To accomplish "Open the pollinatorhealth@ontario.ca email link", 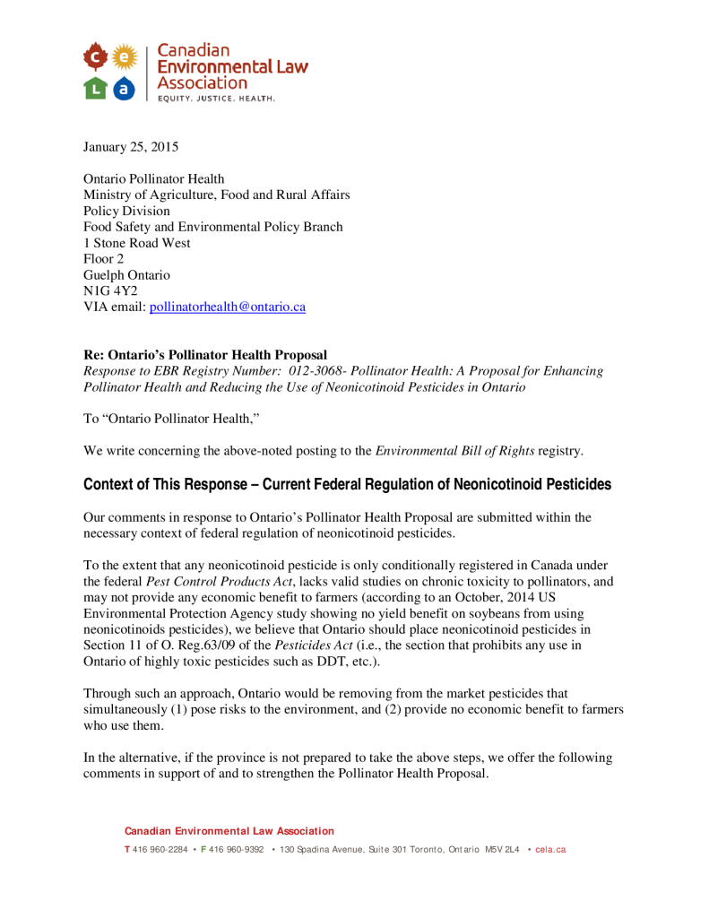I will [x=227, y=307].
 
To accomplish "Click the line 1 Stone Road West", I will [x=136, y=243].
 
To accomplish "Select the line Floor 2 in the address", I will [x=104, y=259].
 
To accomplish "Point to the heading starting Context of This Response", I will [x=347, y=485].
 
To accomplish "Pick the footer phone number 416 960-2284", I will [x=160, y=850].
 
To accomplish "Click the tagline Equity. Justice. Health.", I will [x=216, y=99].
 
